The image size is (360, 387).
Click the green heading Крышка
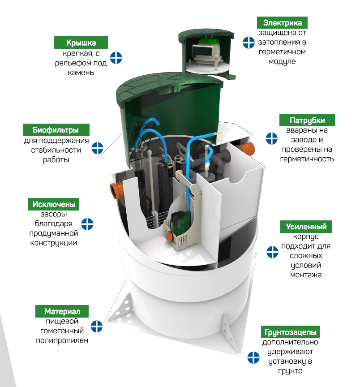[81, 43]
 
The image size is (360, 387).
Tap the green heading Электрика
[282, 23]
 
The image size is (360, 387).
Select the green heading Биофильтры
[56, 130]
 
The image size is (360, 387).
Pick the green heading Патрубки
[307, 120]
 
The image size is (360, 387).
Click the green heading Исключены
[54, 204]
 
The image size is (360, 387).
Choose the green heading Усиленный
[306, 227]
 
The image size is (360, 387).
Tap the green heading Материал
[62, 311]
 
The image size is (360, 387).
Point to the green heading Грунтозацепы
[291, 332]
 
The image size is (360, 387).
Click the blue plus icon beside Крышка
[116, 58]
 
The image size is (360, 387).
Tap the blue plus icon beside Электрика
[249, 43]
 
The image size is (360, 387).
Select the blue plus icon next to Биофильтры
[98, 148]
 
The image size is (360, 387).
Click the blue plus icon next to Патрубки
[272, 138]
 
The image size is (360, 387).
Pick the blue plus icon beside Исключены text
[87, 224]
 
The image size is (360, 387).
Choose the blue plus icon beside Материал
[97, 326]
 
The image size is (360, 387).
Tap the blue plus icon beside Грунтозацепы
[253, 357]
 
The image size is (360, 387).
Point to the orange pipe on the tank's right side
[247, 149]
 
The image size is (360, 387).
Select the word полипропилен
[62, 340]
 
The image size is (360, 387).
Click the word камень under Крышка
[81, 72]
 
